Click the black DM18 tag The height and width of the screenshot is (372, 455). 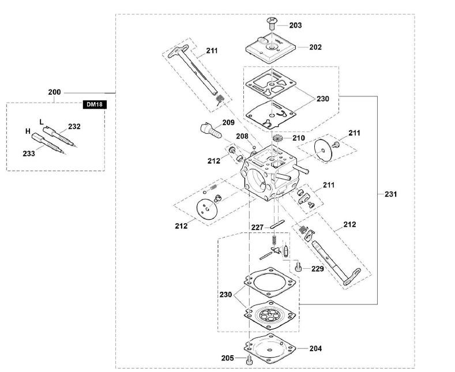click(95, 104)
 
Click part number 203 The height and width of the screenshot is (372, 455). click(295, 25)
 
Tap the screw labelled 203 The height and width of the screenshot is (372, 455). click(272, 23)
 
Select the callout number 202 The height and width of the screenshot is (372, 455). click(315, 47)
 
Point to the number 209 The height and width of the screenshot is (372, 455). click(228, 122)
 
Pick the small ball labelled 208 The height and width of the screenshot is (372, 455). click(254, 147)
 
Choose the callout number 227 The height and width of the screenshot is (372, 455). click(257, 227)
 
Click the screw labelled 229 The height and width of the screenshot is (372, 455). click(298, 266)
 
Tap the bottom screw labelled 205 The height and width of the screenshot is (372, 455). click(250, 360)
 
